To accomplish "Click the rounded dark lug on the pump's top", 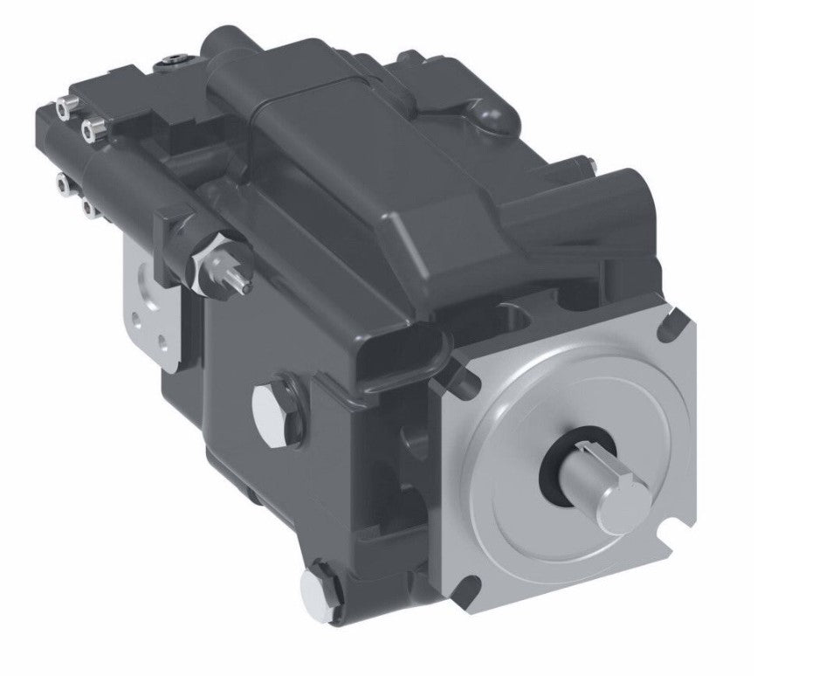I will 489,114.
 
